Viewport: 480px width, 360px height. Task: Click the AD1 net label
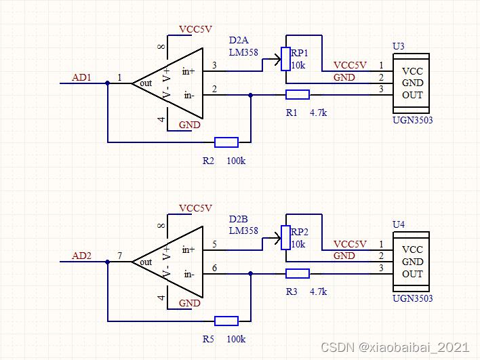(82, 77)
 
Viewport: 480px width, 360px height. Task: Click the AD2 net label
(82, 256)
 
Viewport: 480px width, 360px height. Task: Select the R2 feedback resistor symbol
(226, 142)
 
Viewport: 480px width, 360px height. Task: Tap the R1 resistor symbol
(298, 95)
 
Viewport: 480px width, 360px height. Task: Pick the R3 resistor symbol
(298, 274)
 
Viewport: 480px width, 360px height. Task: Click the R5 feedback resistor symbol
(226, 321)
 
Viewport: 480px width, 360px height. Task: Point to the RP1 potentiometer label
(299, 53)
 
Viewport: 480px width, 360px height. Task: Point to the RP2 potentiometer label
(299, 232)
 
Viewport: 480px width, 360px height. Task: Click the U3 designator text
(399, 46)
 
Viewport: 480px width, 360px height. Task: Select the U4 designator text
(399, 224)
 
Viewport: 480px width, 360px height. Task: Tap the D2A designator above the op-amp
(239, 40)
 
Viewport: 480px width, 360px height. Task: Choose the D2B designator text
(239, 219)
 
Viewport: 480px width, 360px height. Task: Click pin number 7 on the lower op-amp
(120, 256)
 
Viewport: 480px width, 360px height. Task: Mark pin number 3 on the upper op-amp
(215, 65)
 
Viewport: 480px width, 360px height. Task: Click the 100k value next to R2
(236, 160)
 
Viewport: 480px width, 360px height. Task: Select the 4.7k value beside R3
(318, 292)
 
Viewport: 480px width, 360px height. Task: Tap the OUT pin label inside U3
(412, 94)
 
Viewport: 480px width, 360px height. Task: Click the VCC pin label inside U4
(412, 249)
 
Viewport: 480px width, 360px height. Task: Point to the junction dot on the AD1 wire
(108, 83)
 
